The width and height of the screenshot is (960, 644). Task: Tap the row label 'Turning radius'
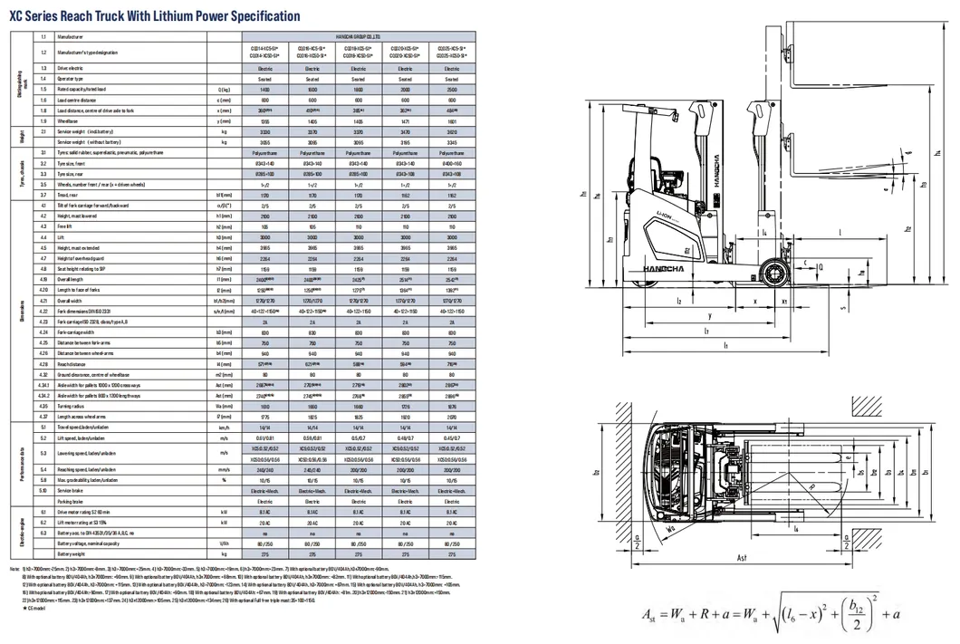(73, 407)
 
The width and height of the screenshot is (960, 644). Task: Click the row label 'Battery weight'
(72, 552)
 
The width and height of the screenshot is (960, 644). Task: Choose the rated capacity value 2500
(451, 89)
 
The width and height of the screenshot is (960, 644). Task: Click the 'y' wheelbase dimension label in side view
(710, 315)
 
